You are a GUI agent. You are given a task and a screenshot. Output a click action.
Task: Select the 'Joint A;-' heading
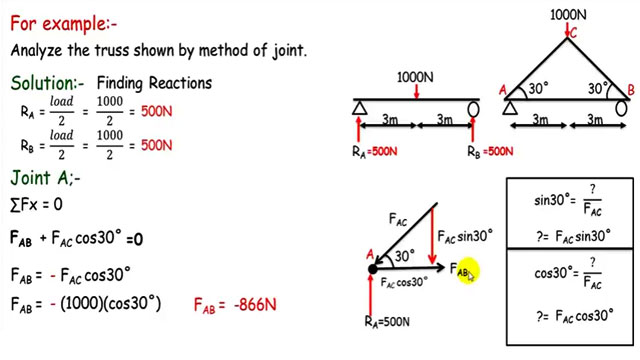coord(44,178)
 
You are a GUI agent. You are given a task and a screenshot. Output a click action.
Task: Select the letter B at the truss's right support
coord(629,91)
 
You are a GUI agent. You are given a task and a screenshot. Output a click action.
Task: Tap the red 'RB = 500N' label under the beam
coord(491,152)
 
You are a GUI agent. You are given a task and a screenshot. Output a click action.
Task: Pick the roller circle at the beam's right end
coord(474,108)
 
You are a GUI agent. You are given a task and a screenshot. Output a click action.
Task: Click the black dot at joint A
coord(372,268)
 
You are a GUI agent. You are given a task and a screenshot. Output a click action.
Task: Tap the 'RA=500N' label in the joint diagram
coord(389,321)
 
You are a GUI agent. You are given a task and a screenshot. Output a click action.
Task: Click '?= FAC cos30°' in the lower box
coord(572,315)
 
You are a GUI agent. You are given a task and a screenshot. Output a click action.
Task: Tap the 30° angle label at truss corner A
coord(538,88)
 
